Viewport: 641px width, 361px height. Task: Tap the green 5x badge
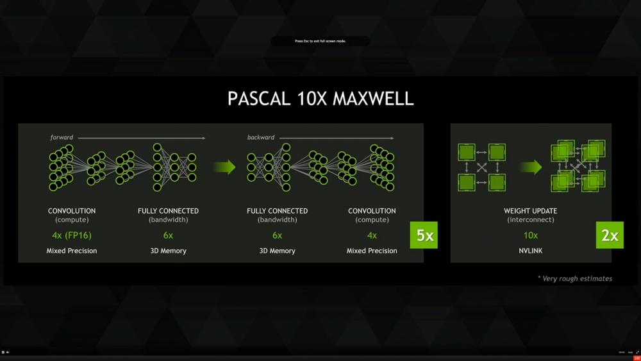click(x=424, y=235)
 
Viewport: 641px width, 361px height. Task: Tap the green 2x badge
click(x=610, y=235)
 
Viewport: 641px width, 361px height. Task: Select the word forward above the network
click(x=62, y=137)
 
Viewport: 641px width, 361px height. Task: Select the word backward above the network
click(x=260, y=137)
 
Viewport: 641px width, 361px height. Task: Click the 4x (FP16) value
click(x=72, y=235)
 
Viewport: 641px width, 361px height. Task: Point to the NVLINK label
click(x=531, y=251)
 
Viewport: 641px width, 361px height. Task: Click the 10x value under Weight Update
click(x=531, y=235)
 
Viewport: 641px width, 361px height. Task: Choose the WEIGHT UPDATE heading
click(x=531, y=211)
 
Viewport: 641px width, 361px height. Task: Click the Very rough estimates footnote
click(x=575, y=278)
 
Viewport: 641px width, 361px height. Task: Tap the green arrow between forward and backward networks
click(x=224, y=167)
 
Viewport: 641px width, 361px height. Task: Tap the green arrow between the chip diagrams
click(x=531, y=167)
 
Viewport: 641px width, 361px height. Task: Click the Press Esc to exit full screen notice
click(x=320, y=41)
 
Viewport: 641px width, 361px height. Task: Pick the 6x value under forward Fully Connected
click(x=168, y=235)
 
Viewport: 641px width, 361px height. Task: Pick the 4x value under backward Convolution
click(x=372, y=235)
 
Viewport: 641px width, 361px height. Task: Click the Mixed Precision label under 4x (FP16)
click(x=72, y=251)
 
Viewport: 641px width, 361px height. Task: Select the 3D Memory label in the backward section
click(x=277, y=251)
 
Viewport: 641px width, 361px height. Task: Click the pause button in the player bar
click(x=3, y=352)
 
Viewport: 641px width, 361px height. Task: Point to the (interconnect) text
click(x=531, y=220)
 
